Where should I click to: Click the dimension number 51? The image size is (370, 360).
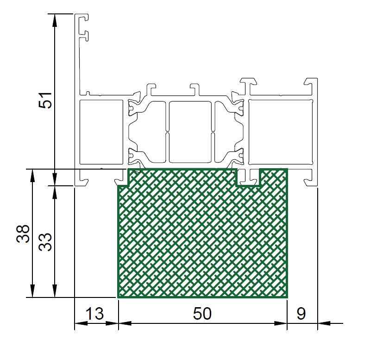(x=45, y=101)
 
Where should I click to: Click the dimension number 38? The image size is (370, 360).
(x=23, y=234)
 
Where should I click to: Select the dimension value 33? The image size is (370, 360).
(x=45, y=242)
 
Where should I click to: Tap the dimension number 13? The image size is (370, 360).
(x=94, y=314)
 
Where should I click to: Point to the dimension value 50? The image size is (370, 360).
(x=202, y=314)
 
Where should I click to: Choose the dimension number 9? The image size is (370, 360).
(x=301, y=314)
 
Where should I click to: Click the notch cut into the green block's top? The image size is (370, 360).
(x=248, y=177)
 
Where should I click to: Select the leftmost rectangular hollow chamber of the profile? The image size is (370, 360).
(x=101, y=132)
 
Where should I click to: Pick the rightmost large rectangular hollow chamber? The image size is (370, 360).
(x=281, y=132)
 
